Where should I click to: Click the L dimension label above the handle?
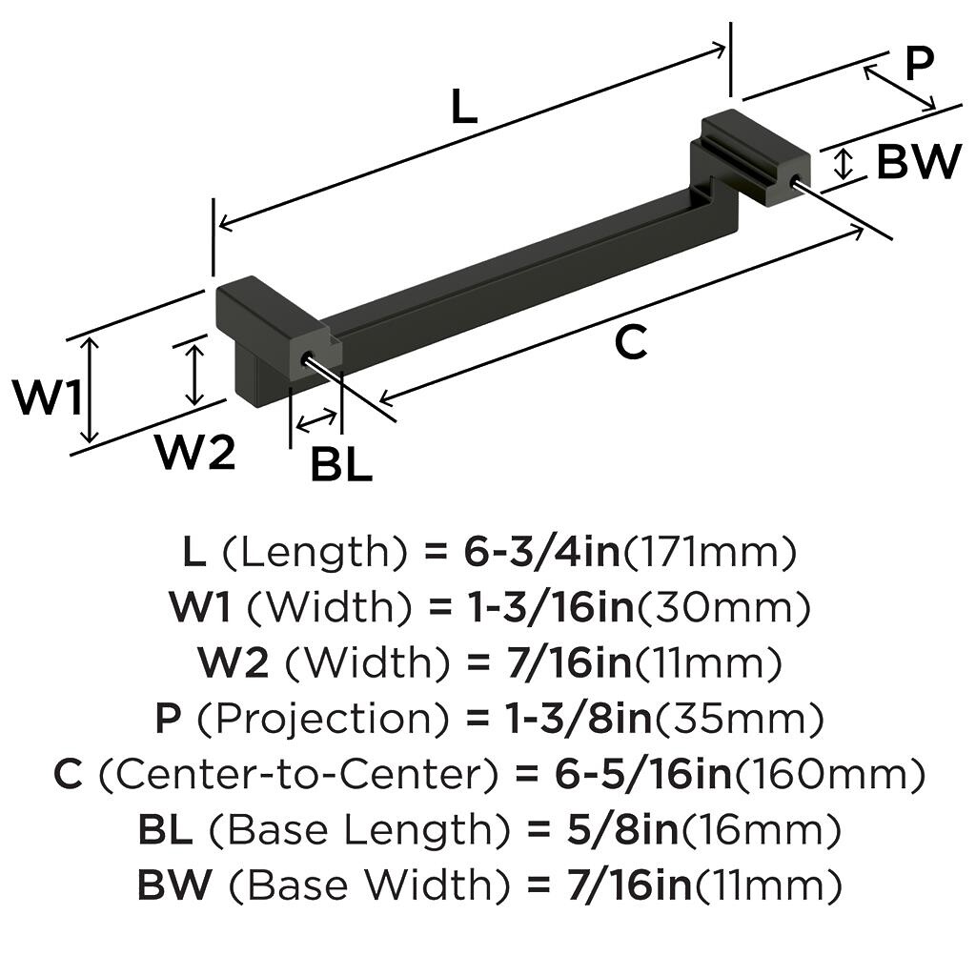click(x=463, y=108)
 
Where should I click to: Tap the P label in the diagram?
click(x=919, y=65)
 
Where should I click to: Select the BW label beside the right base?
click(x=917, y=163)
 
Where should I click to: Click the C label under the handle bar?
click(x=630, y=343)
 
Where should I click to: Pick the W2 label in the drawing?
click(x=195, y=454)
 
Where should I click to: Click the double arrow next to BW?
click(x=843, y=164)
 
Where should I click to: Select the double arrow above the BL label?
click(x=316, y=419)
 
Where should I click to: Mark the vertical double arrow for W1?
click(x=89, y=390)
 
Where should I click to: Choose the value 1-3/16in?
click(x=550, y=607)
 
